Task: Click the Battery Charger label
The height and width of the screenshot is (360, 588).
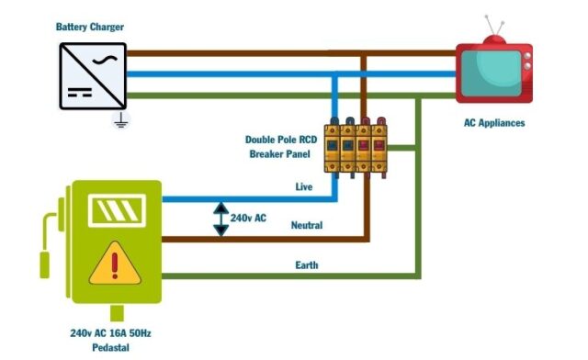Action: pyautogui.click(x=89, y=28)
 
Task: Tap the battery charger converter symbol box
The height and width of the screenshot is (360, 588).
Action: pyautogui.click(x=93, y=75)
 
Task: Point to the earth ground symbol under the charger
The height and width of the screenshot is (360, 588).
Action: pyautogui.click(x=119, y=119)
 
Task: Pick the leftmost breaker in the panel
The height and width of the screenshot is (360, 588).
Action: pyautogui.click(x=334, y=145)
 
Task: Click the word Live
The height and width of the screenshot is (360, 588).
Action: pyautogui.click(x=304, y=186)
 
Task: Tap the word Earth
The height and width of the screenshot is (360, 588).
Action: pyautogui.click(x=307, y=264)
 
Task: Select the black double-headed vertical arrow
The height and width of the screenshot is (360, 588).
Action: pyautogui.click(x=220, y=219)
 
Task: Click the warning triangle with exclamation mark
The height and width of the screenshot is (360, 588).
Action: pyautogui.click(x=115, y=263)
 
